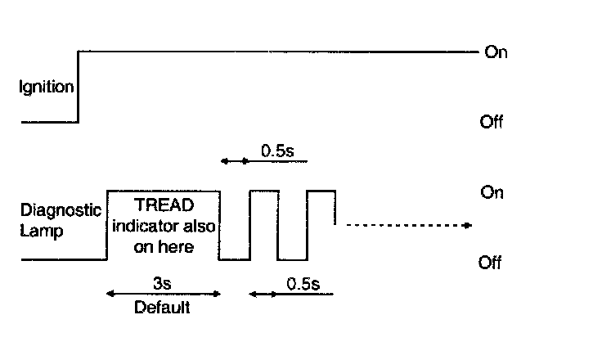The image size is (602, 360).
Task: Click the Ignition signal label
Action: click(x=47, y=88)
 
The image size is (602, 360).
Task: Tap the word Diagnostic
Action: click(x=61, y=210)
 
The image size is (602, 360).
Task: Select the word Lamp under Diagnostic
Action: click(x=42, y=232)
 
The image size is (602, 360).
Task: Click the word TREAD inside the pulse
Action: click(x=164, y=205)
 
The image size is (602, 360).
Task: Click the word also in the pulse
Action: click(x=199, y=226)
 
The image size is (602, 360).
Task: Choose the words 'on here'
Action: click(x=164, y=246)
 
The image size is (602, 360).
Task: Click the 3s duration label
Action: click(x=162, y=284)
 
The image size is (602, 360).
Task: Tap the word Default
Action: click(x=162, y=308)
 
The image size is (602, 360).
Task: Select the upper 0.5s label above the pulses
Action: click(x=277, y=151)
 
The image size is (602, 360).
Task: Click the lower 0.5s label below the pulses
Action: click(x=303, y=284)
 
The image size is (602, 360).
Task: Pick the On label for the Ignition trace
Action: click(x=496, y=52)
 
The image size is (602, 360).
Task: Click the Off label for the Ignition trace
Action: click(x=492, y=122)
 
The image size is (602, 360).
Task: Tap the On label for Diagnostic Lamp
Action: click(x=492, y=192)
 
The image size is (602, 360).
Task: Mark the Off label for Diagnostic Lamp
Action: click(x=490, y=263)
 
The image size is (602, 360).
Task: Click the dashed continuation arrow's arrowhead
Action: click(x=468, y=225)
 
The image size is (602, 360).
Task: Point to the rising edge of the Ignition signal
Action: click(x=79, y=87)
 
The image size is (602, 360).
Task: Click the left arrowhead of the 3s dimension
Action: click(x=110, y=294)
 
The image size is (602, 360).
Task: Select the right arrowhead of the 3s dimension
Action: click(x=217, y=294)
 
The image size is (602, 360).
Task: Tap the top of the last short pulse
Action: click(x=321, y=191)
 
